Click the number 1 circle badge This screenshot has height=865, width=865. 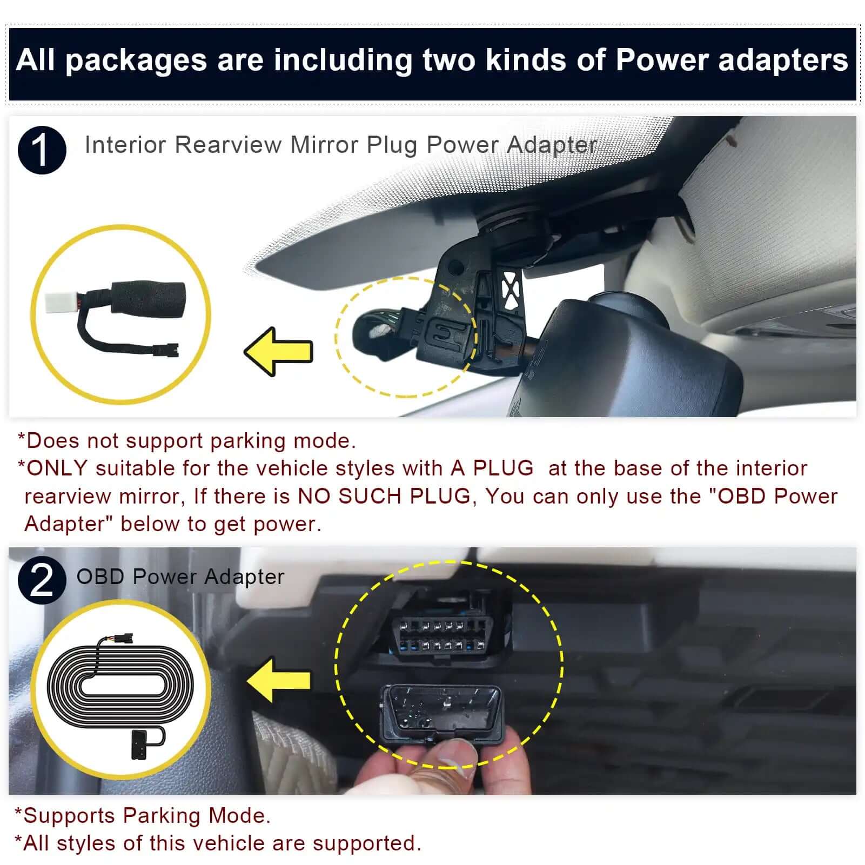coord(42,150)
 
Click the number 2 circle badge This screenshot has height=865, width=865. coord(42,580)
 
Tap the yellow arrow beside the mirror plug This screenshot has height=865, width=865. coord(279,352)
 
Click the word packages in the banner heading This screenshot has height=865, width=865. coord(136,61)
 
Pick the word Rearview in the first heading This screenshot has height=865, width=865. coord(229,145)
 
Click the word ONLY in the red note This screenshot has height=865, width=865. coord(57,468)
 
